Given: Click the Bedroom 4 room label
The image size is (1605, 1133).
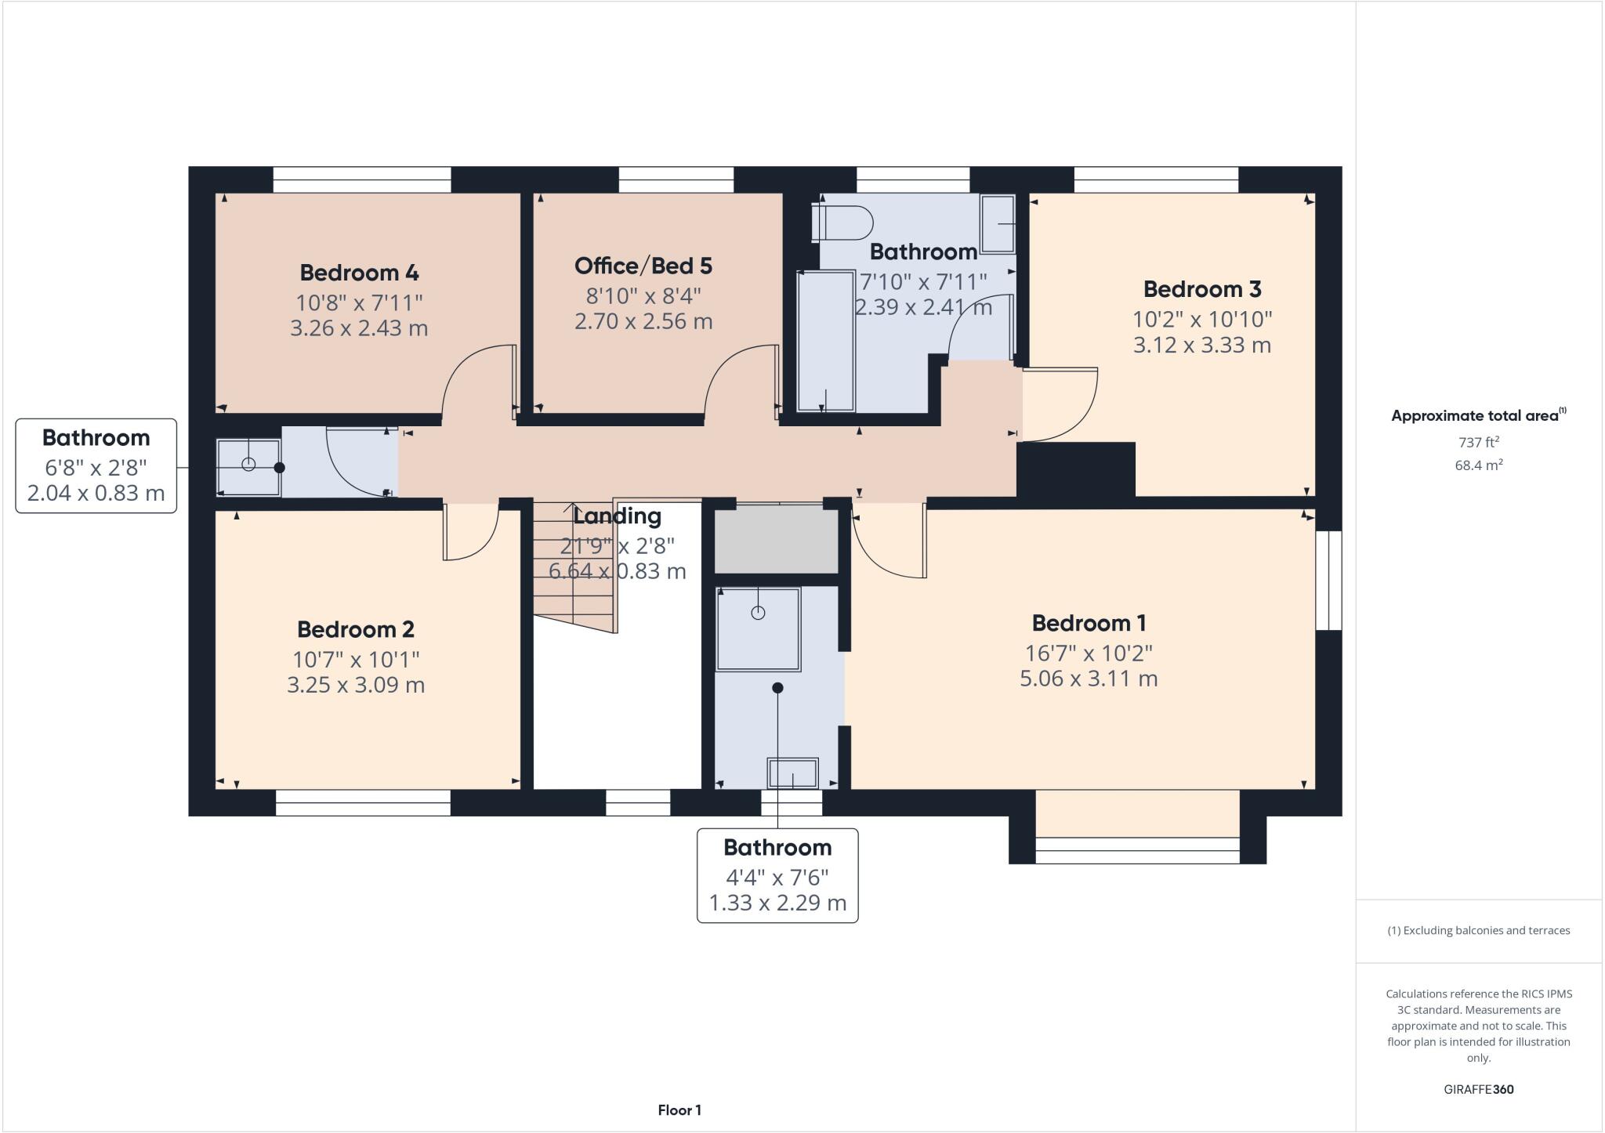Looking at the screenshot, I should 359,273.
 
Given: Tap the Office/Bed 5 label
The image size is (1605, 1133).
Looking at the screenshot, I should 643,266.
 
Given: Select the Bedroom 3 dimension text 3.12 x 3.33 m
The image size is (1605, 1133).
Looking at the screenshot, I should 1201,345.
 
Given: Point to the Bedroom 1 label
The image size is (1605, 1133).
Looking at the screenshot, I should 1089,623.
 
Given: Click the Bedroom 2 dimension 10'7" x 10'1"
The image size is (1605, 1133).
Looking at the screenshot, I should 356,659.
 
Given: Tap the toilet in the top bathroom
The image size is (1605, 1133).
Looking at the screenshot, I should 843,223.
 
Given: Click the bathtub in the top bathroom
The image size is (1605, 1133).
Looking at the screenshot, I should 825,340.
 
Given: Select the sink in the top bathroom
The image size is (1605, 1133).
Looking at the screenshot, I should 998,224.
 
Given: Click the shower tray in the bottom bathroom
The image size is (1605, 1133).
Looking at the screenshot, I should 758,628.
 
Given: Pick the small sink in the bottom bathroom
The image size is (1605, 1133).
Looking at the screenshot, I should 792,773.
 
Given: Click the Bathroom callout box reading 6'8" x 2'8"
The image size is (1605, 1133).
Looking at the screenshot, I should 96,466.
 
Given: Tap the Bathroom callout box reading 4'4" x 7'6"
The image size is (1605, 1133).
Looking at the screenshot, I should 777,875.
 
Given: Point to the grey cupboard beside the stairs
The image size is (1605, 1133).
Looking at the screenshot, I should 776,540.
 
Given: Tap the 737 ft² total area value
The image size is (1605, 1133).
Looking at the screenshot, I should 1478,442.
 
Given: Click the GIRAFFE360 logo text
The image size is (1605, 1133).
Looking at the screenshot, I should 1478,1089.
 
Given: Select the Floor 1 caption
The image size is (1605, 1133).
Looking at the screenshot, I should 679,1110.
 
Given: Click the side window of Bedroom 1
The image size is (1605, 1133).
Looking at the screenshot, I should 1328,581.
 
